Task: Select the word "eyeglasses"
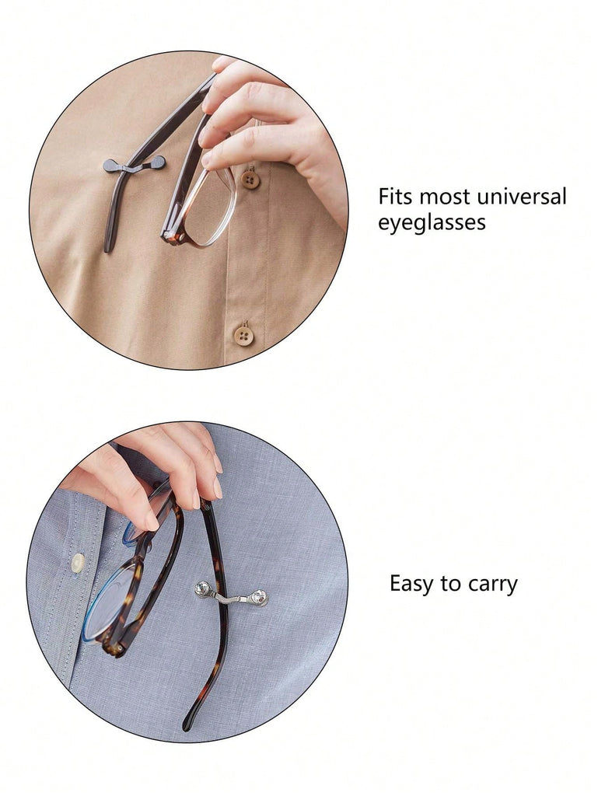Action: [x=432, y=223]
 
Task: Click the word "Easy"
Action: [x=411, y=584]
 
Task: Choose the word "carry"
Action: [x=493, y=585]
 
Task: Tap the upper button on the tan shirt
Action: [x=250, y=180]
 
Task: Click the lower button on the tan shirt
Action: [x=244, y=336]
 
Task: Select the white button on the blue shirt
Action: [x=78, y=563]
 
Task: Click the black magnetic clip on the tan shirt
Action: [x=134, y=165]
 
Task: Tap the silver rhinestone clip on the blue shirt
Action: [x=231, y=595]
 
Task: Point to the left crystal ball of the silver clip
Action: [x=202, y=589]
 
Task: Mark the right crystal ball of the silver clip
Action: [x=260, y=598]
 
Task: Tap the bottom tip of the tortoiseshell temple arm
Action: [x=187, y=727]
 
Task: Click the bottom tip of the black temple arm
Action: [x=107, y=248]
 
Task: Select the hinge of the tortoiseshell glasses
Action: [x=113, y=647]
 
